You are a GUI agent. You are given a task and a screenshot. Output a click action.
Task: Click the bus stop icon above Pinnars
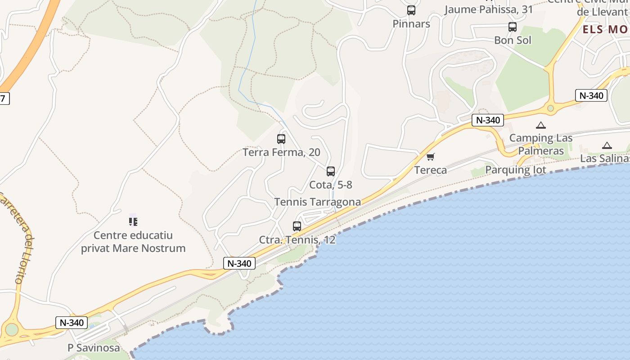[x=411, y=10]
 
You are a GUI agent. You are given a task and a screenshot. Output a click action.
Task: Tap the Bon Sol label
[x=513, y=40]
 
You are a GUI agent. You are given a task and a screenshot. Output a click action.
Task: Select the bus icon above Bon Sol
[x=512, y=27]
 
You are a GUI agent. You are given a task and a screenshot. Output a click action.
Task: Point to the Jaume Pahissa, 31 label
[x=488, y=9]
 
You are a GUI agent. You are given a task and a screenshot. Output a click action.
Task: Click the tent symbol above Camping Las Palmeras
[x=540, y=126]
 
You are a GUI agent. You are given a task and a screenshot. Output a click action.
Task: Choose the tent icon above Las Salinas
[x=607, y=145]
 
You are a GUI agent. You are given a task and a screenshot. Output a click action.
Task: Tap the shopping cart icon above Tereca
[x=431, y=157]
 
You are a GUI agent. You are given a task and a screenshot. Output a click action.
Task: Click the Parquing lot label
[x=515, y=170]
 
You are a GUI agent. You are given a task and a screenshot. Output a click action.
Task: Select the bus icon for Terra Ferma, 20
[x=281, y=139]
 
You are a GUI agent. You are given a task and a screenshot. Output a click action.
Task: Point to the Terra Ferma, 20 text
[x=281, y=152]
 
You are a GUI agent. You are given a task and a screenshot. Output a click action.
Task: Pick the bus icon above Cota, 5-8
[x=331, y=171]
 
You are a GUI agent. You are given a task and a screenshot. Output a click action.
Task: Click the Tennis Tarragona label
[x=318, y=202]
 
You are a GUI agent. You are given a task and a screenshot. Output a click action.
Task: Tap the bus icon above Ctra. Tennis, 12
[x=297, y=226]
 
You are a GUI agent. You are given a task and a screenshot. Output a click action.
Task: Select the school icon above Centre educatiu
[x=133, y=221]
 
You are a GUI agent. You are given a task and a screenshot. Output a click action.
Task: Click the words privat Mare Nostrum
[x=133, y=248]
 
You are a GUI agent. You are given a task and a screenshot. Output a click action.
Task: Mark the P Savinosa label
[x=94, y=347]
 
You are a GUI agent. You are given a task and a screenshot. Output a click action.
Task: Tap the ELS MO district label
[x=606, y=30]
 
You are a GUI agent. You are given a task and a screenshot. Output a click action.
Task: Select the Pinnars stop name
[x=411, y=24]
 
